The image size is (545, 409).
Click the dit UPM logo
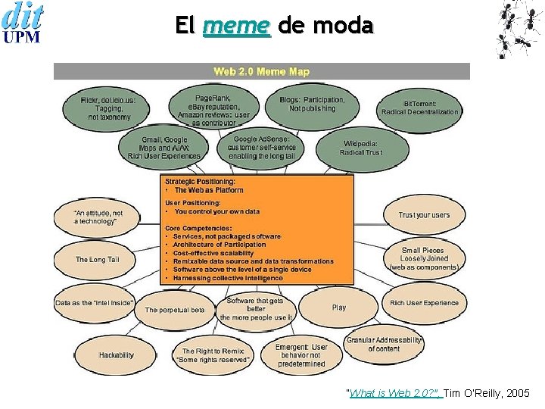[x=23, y=23]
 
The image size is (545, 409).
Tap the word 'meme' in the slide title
[x=236, y=26]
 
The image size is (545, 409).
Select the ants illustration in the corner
[x=519, y=28]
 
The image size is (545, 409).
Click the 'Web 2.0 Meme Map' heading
[x=261, y=71]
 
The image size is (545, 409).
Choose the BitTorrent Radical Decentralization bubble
[x=419, y=108]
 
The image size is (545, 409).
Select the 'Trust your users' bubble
[x=424, y=215]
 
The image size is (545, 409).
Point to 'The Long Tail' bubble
[x=97, y=260]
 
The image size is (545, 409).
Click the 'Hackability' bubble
[x=116, y=354]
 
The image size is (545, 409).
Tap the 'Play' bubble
[x=338, y=308]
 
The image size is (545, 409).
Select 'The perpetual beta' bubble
[x=175, y=310]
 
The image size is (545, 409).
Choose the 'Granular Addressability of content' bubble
[x=383, y=345]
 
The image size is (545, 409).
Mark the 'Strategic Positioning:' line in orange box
[x=200, y=182]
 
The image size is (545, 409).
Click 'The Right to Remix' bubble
[x=212, y=355]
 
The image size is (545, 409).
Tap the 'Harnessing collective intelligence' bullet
[x=227, y=278]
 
